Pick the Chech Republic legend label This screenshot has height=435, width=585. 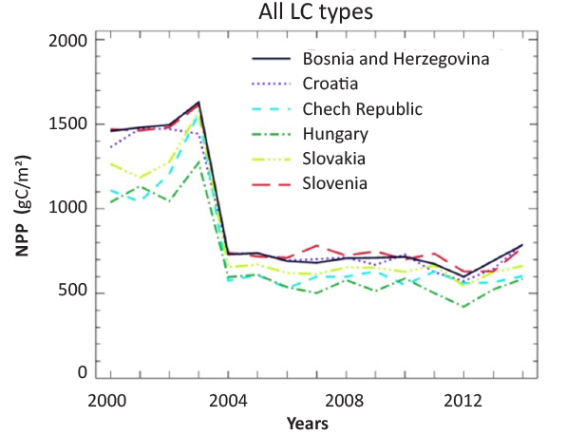click(x=362, y=107)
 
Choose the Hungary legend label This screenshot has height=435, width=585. click(x=336, y=132)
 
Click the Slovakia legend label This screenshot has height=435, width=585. click(x=336, y=157)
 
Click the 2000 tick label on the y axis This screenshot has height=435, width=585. click(x=66, y=42)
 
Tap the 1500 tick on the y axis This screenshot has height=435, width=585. click(x=66, y=125)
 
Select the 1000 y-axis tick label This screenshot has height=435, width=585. click(x=66, y=209)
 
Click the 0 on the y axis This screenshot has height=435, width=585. click(x=84, y=373)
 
